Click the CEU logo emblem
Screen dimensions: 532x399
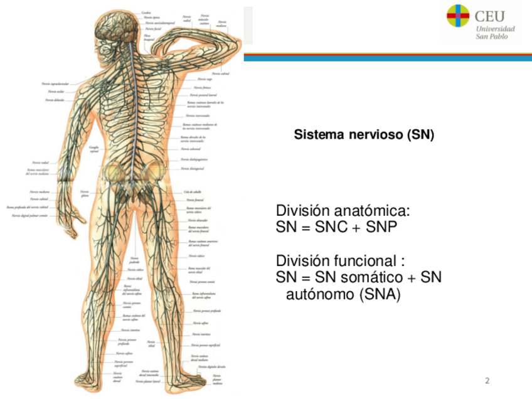[457, 16]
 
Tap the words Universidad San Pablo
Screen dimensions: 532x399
[495, 33]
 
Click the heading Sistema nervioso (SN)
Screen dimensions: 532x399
[364, 135]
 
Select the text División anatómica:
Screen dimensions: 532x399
[343, 211]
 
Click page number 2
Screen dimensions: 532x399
[487, 381]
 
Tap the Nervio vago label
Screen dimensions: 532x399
[204, 80]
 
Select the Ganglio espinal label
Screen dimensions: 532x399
[95, 149]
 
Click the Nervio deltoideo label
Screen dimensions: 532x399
[53, 100]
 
